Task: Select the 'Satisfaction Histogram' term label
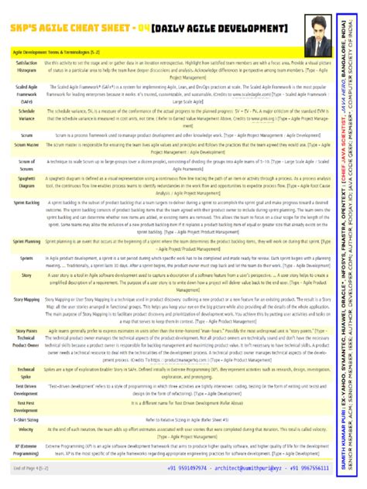[26, 66]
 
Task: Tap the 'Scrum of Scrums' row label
[26, 165]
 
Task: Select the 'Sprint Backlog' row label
[26, 203]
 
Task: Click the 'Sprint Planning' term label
[26, 242]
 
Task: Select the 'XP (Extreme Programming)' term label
[26, 450]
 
